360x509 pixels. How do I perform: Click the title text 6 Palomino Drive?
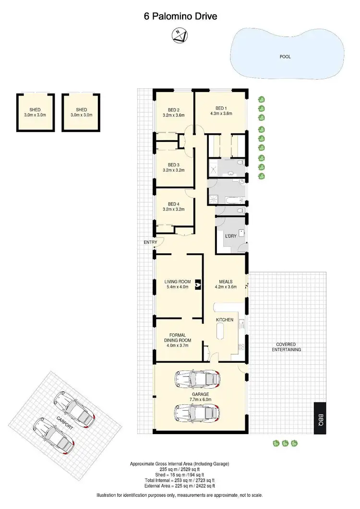coord(180,16)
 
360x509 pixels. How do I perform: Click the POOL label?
coord(285,57)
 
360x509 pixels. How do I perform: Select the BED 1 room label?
coord(221,108)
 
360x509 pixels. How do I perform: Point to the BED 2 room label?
coord(173,110)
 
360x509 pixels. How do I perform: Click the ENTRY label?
coord(150,242)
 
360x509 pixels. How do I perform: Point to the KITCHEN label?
coord(225,320)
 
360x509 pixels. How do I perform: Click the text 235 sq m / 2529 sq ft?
coord(180,470)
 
